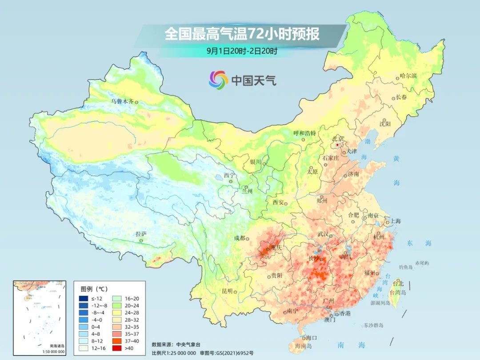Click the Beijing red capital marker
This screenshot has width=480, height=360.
point(337,145)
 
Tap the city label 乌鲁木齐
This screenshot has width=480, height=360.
point(122,101)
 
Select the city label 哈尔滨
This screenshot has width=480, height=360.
point(408,76)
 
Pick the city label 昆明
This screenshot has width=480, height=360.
point(227,291)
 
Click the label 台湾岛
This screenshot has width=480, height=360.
point(398,292)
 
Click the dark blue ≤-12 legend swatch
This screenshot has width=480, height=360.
point(83,299)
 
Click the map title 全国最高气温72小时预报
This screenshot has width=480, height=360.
point(242,34)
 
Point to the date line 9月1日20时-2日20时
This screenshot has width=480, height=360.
point(242,51)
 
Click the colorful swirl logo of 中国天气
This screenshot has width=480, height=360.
point(219,80)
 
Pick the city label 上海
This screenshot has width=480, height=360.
point(395,221)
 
